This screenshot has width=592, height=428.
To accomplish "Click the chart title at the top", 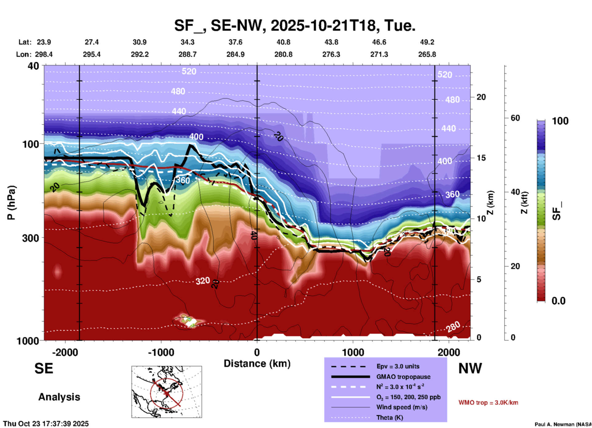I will click(294, 26).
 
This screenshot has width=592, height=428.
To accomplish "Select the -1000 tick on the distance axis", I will click(161, 352).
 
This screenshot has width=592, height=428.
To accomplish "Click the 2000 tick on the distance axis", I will click(449, 352).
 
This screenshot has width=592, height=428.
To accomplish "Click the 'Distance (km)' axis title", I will click(257, 364).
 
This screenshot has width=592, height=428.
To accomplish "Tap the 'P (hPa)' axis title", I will click(11, 203).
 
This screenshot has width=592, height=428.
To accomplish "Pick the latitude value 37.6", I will click(235, 42).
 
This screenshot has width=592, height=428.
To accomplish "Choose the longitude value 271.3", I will click(379, 54).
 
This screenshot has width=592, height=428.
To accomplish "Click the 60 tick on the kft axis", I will click(515, 118).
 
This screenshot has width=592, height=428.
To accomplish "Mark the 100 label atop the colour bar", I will click(560, 121).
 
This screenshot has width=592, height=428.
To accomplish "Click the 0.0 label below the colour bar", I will click(558, 301).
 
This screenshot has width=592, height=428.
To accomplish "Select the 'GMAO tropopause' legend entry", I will click(403, 377).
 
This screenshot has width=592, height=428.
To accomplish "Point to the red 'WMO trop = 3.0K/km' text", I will click(488, 403).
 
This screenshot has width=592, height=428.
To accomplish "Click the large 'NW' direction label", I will click(470, 368).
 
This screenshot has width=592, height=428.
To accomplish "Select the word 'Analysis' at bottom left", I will click(59, 397).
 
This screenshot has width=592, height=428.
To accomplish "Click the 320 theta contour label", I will click(203, 281).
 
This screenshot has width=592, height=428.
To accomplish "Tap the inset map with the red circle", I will click(167, 392).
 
